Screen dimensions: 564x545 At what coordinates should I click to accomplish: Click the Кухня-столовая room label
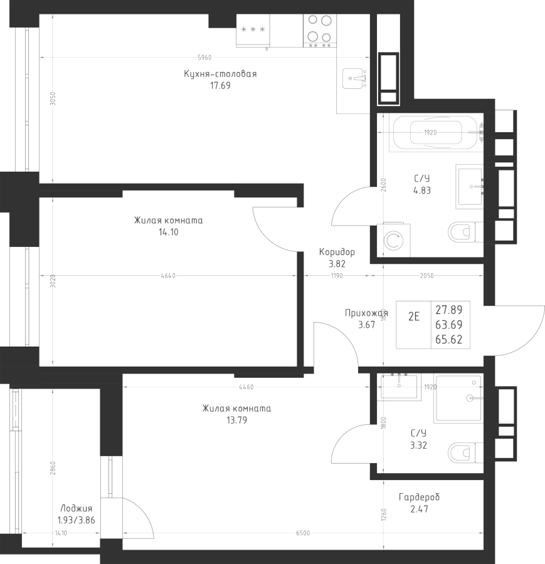tap(220, 74)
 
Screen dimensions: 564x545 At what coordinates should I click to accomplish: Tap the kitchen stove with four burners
tap(319, 31)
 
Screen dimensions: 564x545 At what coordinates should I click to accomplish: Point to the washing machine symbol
tap(394, 239)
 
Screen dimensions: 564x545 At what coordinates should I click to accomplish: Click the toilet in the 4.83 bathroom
tap(463, 232)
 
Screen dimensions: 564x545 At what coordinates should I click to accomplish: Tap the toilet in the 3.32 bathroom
tap(463, 452)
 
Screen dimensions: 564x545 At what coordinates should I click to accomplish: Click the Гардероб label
tap(419, 497)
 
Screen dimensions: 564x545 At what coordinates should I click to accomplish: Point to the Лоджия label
tap(77, 509)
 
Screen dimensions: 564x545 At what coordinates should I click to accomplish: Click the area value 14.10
tap(168, 232)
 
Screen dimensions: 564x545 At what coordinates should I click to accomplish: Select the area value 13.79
tap(236, 420)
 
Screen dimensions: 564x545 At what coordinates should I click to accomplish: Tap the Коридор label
tap(337, 252)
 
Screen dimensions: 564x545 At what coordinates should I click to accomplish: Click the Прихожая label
tap(364, 313)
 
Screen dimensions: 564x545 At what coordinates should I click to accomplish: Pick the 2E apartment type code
tap(414, 316)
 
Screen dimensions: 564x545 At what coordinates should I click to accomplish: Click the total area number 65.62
tap(448, 339)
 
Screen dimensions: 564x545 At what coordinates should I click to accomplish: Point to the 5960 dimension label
tap(204, 58)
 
